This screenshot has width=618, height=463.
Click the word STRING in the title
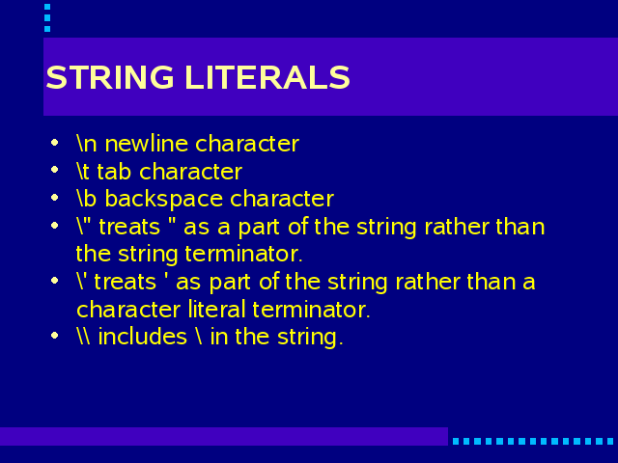click(110, 77)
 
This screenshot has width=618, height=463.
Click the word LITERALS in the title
click(267, 77)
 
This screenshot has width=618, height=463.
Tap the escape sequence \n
click(87, 144)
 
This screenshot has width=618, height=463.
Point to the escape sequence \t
click(82, 172)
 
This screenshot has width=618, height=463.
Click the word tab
click(114, 172)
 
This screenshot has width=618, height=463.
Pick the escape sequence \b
click(87, 199)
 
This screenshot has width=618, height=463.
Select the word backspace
click(163, 200)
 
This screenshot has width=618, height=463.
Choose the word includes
click(142, 337)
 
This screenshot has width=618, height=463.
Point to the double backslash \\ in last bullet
click(83, 337)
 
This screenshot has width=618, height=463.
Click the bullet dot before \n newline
click(55, 142)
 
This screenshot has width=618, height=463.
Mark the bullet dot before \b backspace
click(55, 197)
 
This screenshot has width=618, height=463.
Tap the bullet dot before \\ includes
click(55, 336)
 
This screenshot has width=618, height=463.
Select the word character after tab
click(191, 172)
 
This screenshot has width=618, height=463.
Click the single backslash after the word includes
click(199, 337)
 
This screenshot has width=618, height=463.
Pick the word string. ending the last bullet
click(310, 338)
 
